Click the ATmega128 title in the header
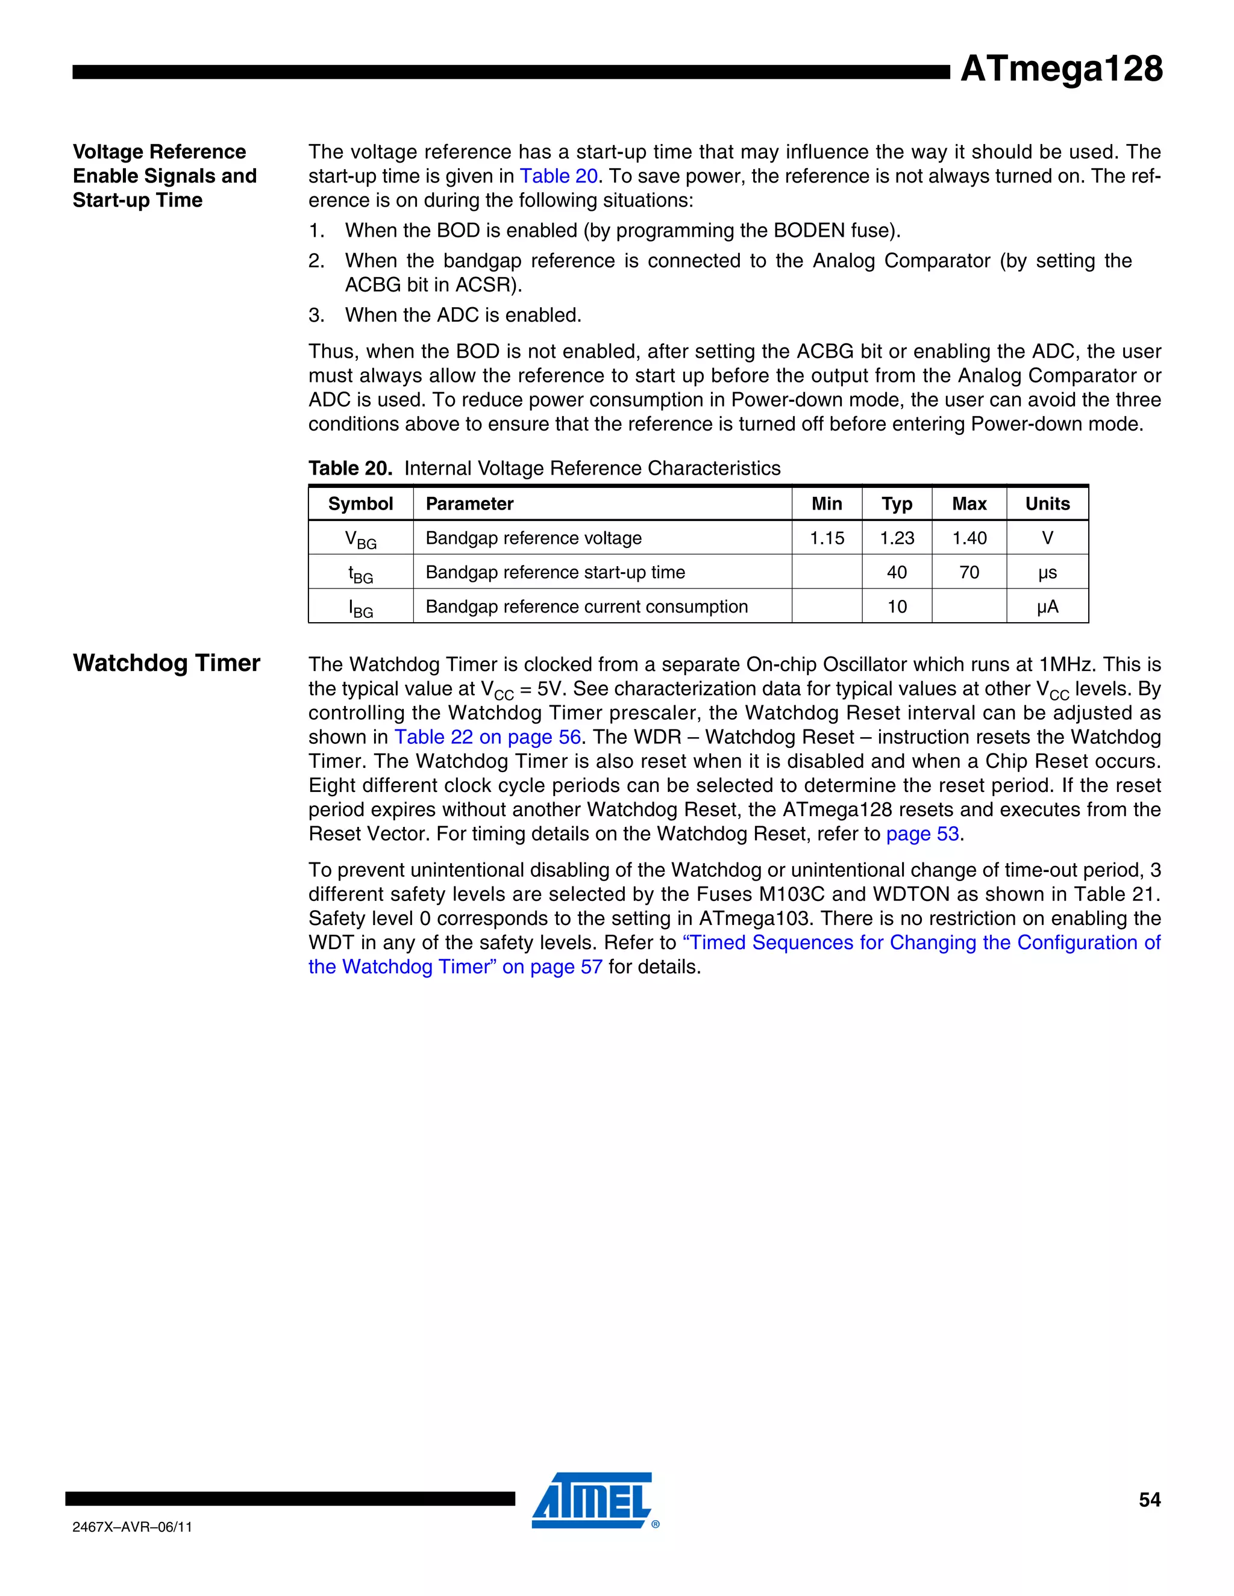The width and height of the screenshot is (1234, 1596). [1060, 69]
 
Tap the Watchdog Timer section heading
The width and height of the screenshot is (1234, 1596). [167, 663]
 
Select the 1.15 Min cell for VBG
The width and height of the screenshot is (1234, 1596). [826, 538]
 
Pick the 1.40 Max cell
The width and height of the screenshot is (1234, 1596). [969, 538]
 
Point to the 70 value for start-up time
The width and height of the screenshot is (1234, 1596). [969, 572]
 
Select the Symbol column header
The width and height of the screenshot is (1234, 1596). [360, 503]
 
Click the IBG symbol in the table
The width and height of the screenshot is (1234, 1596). [360, 608]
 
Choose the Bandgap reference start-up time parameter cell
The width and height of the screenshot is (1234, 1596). [555, 572]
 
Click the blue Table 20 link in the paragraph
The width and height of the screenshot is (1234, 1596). [559, 176]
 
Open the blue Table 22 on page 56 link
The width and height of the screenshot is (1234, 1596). [487, 737]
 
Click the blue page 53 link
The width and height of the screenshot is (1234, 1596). [922, 834]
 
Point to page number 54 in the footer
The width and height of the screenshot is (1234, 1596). [1149, 1500]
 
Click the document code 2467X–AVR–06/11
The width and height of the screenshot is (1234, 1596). [133, 1527]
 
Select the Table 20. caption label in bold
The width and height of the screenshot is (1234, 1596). [350, 469]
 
